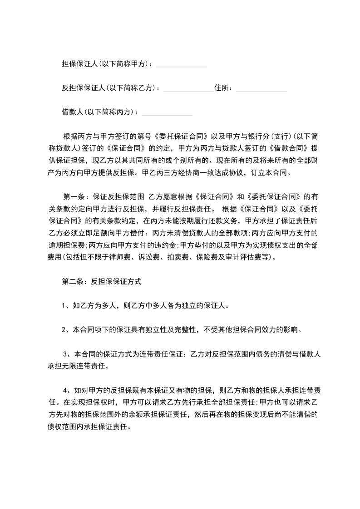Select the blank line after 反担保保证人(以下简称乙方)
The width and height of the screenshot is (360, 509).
pyautogui.click(x=188, y=89)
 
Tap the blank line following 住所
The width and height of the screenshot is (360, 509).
pyautogui.click(x=261, y=89)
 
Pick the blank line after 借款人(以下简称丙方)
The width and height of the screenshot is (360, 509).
pyautogui.click(x=167, y=113)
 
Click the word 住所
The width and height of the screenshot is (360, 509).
pyautogui.click(x=223, y=88)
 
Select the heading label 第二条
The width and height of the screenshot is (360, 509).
pyautogui.click(x=73, y=282)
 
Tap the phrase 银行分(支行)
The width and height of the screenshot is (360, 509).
pyautogui.click(x=261, y=137)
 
